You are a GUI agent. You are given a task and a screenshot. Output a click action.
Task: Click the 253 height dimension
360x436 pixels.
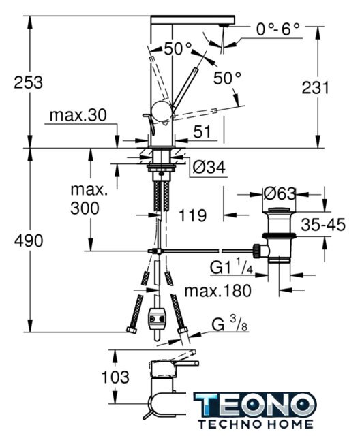point(29,82)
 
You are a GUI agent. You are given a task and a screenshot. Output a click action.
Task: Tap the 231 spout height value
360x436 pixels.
point(315,88)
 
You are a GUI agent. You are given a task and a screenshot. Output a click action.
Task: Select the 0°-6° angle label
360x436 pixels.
point(278,29)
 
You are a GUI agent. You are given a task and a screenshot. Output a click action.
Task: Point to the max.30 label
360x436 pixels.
point(78,115)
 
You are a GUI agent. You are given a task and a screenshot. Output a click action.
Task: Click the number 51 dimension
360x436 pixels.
point(202,131)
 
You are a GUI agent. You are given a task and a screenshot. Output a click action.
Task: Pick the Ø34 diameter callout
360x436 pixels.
point(209,167)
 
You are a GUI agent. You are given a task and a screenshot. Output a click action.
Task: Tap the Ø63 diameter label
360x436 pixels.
point(280,193)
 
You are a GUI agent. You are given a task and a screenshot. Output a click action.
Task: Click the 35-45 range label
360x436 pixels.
point(323,224)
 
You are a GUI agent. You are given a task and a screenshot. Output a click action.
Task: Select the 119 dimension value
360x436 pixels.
point(192,215)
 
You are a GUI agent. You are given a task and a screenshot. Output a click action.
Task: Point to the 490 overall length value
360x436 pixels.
point(29,240)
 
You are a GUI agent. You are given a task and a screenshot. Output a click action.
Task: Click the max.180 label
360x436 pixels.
point(217,291)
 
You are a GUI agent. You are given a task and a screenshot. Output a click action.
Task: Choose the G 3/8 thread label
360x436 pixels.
point(230,324)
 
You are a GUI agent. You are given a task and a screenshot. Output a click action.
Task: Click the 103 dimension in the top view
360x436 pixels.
point(115,377)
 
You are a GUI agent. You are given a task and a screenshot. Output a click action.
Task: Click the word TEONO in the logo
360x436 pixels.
point(255,405)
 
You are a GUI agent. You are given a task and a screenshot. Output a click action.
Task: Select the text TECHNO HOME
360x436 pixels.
point(256,424)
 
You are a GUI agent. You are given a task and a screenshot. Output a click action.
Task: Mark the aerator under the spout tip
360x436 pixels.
point(224,25)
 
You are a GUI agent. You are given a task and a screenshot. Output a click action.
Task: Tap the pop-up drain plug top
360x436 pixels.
point(279,210)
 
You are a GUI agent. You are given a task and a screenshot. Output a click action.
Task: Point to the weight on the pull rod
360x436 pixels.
point(157,319)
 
